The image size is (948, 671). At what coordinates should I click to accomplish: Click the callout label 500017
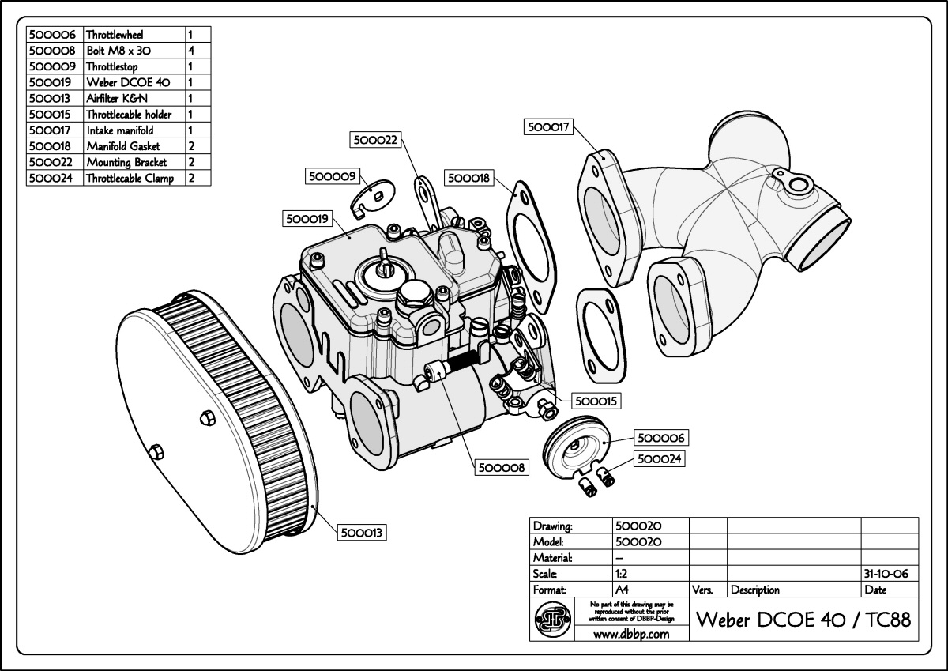click(x=548, y=126)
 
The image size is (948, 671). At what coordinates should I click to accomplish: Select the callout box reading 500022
click(x=375, y=140)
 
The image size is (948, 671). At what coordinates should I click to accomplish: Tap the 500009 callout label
click(x=333, y=176)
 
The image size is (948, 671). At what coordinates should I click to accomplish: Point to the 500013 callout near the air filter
click(x=362, y=532)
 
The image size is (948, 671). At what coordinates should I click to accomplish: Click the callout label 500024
click(x=659, y=459)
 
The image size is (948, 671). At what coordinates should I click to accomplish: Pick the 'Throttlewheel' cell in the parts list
click(x=115, y=35)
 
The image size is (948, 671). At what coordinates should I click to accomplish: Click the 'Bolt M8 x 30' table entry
click(x=118, y=51)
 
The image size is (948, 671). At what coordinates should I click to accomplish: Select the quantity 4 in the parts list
click(x=191, y=51)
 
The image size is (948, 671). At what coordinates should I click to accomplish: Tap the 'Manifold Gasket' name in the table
click(x=123, y=146)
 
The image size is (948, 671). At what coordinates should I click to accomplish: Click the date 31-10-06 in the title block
click(x=886, y=574)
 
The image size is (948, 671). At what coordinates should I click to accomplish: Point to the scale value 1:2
click(x=621, y=574)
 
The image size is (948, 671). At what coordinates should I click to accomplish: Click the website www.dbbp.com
click(x=631, y=634)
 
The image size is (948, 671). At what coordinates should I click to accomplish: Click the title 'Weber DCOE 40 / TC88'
click(x=803, y=620)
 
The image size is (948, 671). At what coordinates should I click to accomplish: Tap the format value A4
click(x=623, y=590)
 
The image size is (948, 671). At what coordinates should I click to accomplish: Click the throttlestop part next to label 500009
click(x=372, y=198)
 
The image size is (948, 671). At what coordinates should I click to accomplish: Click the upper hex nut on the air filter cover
click(x=207, y=418)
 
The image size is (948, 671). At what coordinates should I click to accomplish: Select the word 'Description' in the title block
click(x=755, y=590)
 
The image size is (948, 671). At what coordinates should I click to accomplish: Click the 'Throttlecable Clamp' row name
click(x=130, y=179)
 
